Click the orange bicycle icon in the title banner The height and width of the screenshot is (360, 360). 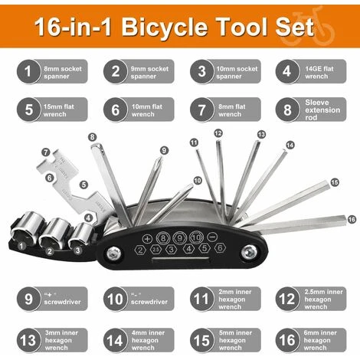323,27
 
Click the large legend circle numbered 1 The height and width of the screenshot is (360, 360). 28,73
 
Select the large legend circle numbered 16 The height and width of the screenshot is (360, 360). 289,339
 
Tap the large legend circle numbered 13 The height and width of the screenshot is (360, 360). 28,339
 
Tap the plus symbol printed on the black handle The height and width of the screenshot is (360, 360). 149,240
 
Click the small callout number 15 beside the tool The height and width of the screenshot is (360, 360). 333,182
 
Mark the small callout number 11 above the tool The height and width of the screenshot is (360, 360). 195,142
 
